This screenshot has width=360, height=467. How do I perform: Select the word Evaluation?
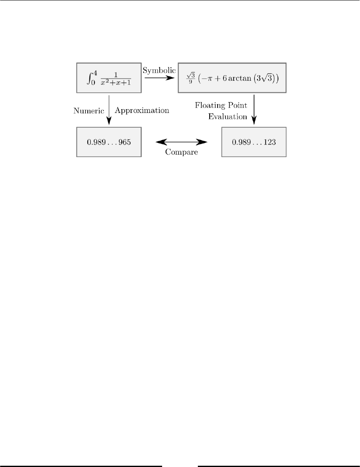click(x=228, y=117)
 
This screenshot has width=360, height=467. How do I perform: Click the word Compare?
click(x=181, y=152)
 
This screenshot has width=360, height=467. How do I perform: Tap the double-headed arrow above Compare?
click(x=181, y=142)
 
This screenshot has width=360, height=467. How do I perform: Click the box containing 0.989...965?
click(x=109, y=142)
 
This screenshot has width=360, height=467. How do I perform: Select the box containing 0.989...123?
click(x=254, y=142)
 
